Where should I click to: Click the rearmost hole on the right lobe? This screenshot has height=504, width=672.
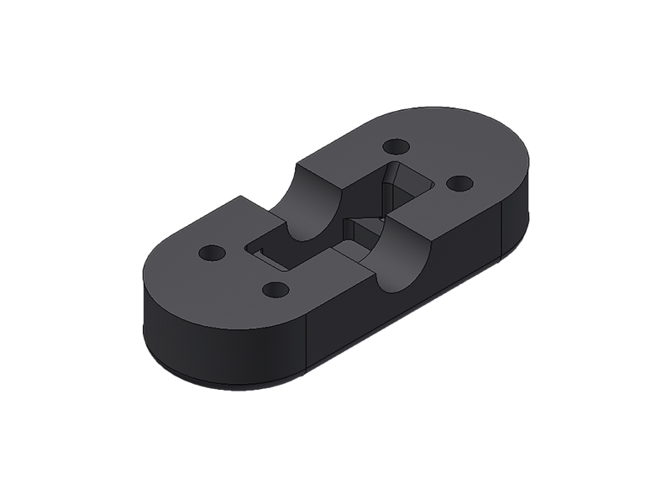point(396,146)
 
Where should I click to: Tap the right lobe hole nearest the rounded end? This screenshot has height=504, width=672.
point(459,182)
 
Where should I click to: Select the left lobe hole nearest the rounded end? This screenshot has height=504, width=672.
point(212,252)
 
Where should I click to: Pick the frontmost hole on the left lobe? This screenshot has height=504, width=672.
point(276,290)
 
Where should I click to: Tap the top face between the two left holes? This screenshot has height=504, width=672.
point(244,270)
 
